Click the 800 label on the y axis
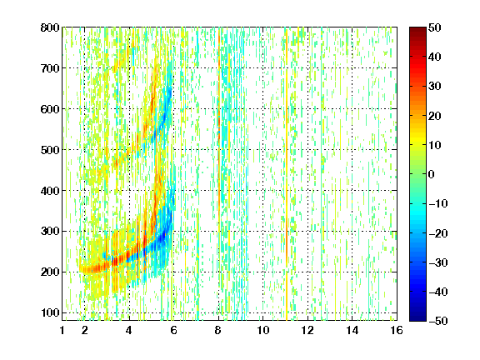pos(50,27)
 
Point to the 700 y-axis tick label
pos(50,68)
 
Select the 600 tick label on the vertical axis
pos(50,109)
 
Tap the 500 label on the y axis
pos(50,150)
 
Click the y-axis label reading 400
pos(50,191)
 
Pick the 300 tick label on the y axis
pos(50,232)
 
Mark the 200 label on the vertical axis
pos(50,272)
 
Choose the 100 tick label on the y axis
pos(50,312)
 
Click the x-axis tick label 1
pos(62,330)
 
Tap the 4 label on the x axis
pos(129,330)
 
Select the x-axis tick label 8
pos(218,330)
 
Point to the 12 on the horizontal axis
pos(307,330)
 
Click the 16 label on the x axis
pos(397,330)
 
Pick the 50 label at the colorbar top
pos(435,27)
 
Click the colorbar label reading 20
pos(435,116)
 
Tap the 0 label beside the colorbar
pos(432,174)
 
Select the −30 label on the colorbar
pos(438,262)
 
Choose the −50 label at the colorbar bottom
pos(438,321)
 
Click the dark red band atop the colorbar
pos(417,32)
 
